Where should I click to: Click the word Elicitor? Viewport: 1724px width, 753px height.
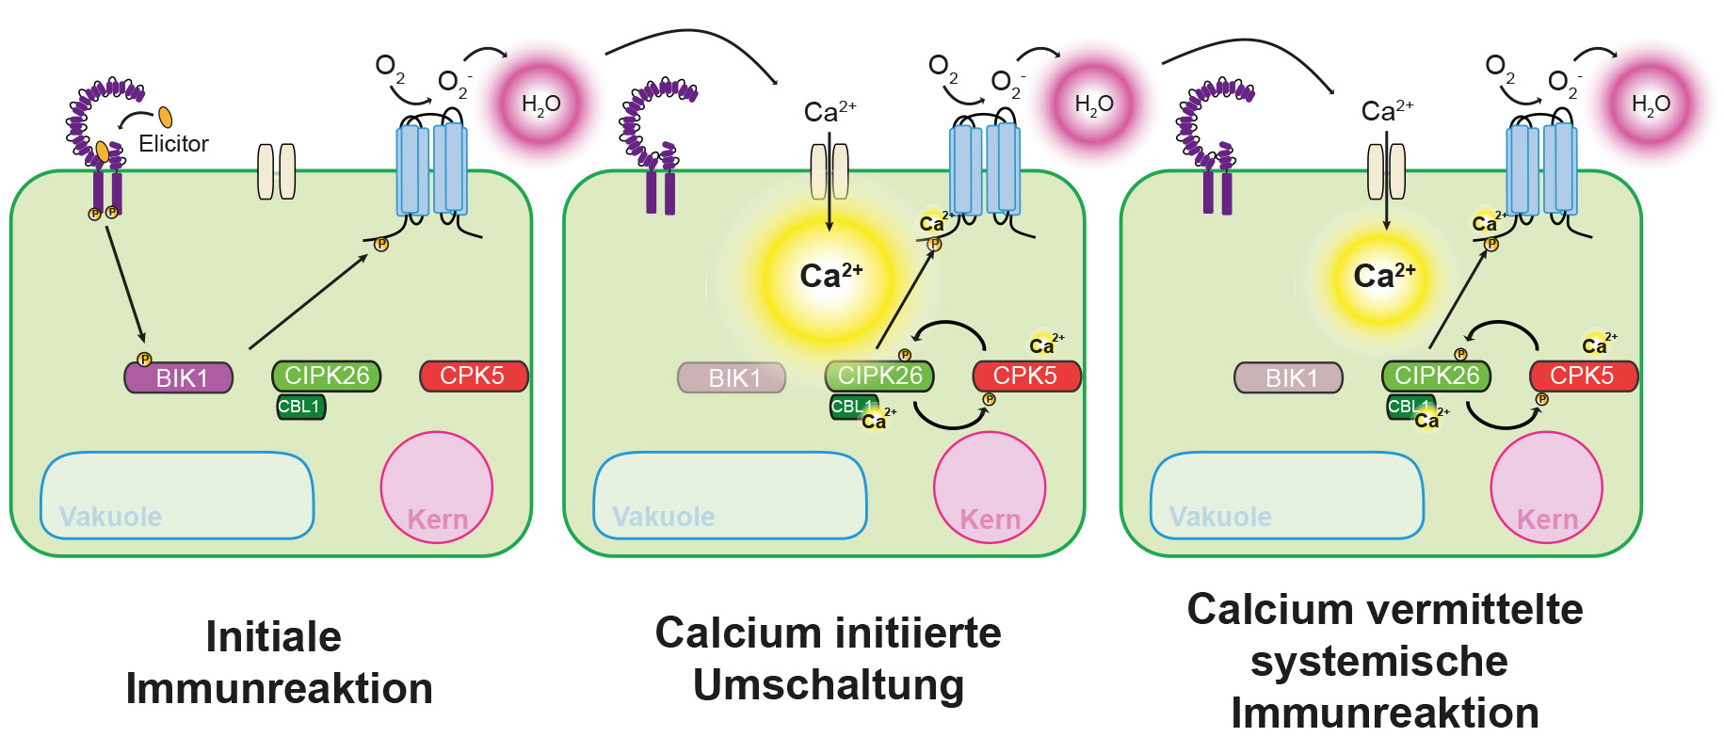point(173,144)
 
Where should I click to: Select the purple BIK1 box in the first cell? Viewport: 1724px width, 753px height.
point(179,377)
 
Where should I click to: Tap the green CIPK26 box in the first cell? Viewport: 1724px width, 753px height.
point(327,376)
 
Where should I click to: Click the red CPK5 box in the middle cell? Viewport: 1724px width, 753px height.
point(1026,376)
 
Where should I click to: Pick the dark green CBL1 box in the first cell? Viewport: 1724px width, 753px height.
point(300,407)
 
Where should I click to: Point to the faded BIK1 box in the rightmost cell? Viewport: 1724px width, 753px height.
point(1288,377)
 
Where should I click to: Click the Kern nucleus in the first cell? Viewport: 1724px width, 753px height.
point(437,488)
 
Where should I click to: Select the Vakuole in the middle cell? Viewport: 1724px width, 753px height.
point(730,495)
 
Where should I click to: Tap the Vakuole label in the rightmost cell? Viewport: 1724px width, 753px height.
point(1220,517)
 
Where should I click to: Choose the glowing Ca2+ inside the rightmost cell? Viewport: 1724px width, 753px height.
point(1383,276)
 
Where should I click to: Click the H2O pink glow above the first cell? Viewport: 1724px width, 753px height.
point(540,104)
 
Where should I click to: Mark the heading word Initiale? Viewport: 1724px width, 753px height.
point(273,637)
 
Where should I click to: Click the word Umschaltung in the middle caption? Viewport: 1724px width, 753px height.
point(829,685)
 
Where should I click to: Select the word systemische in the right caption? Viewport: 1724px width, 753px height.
point(1379,662)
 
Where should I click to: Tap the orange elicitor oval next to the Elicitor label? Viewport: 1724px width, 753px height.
point(166,117)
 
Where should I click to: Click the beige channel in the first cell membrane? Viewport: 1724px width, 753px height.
point(277,171)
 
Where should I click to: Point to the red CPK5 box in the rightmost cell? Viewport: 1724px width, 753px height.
point(1583,376)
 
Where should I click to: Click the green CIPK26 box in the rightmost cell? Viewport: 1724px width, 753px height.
point(1436,376)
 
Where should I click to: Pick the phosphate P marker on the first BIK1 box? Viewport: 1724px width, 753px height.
point(144,360)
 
